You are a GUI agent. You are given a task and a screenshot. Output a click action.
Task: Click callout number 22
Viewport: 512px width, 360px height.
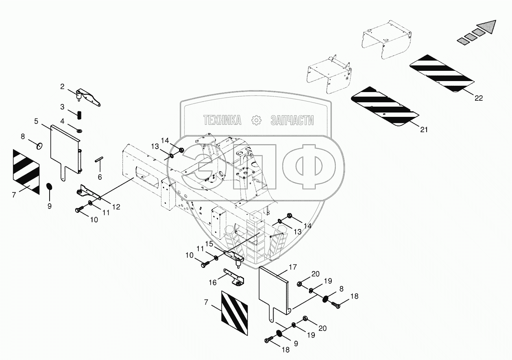point(478,98)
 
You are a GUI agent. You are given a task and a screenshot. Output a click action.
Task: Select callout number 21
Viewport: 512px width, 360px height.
point(423,129)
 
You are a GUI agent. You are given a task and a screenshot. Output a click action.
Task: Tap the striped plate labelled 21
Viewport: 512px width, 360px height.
point(384,107)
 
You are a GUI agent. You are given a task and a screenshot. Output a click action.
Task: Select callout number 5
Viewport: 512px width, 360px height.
point(36,121)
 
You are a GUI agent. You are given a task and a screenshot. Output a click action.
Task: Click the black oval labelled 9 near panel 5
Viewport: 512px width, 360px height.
point(49,186)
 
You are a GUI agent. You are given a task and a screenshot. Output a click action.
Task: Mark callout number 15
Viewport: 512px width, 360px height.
point(209,244)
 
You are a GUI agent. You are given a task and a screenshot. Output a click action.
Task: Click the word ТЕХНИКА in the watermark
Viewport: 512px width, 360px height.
point(222,120)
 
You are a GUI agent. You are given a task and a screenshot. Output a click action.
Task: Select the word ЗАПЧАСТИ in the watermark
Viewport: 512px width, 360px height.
point(292,120)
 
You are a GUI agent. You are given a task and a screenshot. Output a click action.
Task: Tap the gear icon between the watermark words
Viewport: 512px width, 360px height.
point(256,120)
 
